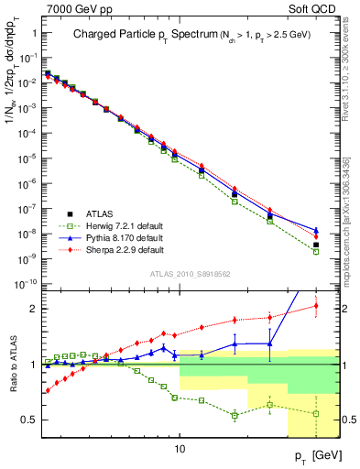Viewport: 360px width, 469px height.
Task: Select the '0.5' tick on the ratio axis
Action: coord(30,420)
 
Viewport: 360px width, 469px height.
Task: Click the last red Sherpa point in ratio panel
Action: coord(316,306)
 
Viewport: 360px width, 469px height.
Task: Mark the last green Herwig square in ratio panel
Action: coord(316,413)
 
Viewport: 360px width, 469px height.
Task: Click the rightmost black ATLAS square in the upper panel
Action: coord(316,245)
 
